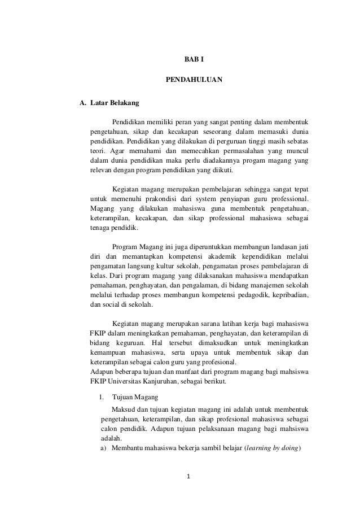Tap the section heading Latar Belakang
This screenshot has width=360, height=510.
111,104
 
